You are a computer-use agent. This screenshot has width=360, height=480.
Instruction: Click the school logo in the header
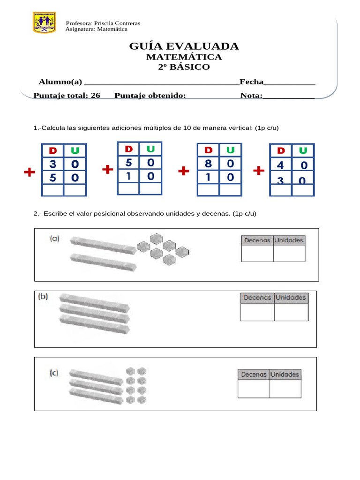[x=44, y=22]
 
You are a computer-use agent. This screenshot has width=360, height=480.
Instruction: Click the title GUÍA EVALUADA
[x=184, y=46]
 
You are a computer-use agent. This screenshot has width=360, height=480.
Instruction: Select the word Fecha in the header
[x=252, y=82]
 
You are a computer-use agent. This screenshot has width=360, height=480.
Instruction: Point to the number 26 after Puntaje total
[x=95, y=96]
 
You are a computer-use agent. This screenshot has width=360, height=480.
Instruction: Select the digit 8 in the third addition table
[x=209, y=164]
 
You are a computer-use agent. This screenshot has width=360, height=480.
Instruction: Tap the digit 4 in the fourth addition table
[x=280, y=165]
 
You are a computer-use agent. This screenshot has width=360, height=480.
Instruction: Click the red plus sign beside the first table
[x=30, y=173]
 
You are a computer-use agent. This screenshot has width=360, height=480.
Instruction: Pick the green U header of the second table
[x=150, y=149]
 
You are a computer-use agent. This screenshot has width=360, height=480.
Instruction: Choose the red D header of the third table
[x=209, y=150]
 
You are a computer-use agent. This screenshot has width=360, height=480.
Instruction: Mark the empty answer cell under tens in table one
[x=52, y=190]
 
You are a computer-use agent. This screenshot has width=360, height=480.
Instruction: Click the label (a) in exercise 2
[x=55, y=239]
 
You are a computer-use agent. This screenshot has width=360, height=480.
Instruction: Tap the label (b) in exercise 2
[x=43, y=297]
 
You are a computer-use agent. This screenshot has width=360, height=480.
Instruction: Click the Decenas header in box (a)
[x=256, y=240]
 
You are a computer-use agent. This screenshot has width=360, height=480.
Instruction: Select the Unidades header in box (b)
[x=291, y=297]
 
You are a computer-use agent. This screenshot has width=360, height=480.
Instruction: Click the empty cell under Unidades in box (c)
[x=285, y=389]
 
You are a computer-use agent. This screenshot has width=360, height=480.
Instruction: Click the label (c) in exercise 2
[x=54, y=373]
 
